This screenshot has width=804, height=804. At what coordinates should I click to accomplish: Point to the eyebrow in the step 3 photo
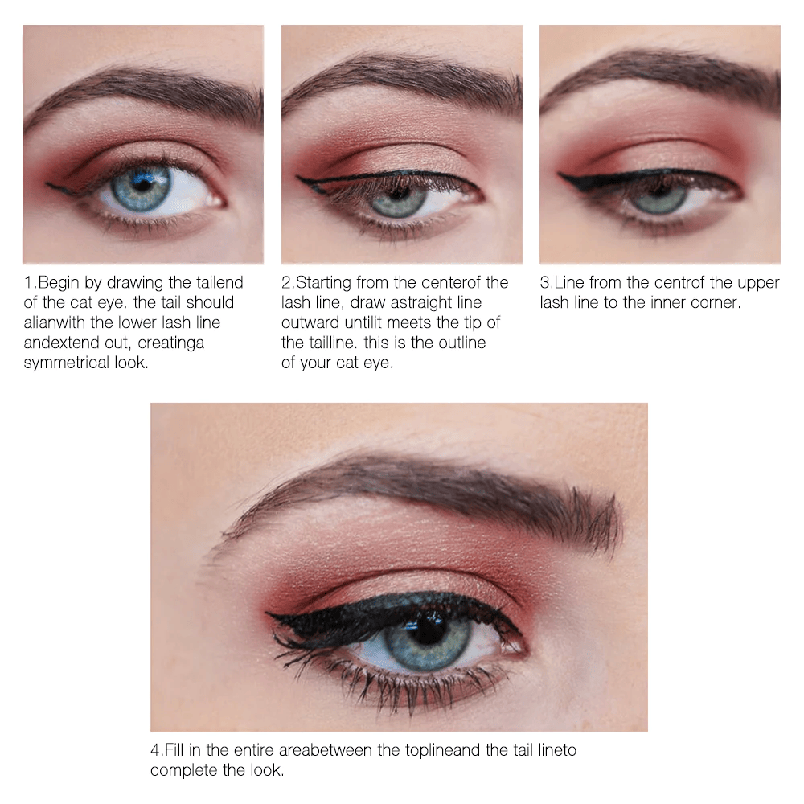(x=662, y=78)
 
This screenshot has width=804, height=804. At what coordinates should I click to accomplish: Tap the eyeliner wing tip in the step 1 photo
(x=47, y=183)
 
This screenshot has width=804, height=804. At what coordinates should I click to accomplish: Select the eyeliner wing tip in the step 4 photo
(x=267, y=613)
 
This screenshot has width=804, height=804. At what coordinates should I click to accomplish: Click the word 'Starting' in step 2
(x=324, y=282)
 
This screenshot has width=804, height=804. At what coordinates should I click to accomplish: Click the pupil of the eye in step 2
(x=398, y=193)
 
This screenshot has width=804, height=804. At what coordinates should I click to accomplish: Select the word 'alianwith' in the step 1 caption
(x=55, y=322)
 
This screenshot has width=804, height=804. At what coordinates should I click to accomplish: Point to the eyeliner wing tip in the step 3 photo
(x=560, y=176)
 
